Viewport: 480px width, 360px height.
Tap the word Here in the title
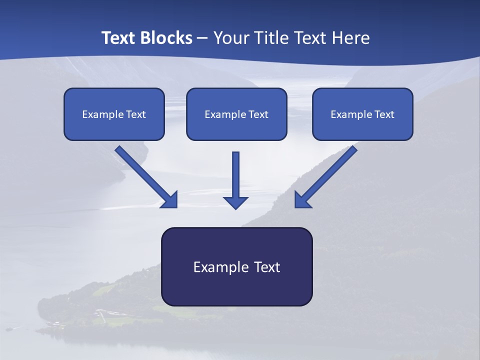[x=350, y=38]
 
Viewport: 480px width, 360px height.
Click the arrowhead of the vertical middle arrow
[x=235, y=202]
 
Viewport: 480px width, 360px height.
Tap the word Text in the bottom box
[x=267, y=267]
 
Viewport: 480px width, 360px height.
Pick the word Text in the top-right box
[x=384, y=114]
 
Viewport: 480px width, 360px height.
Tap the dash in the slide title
[x=202, y=38]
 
